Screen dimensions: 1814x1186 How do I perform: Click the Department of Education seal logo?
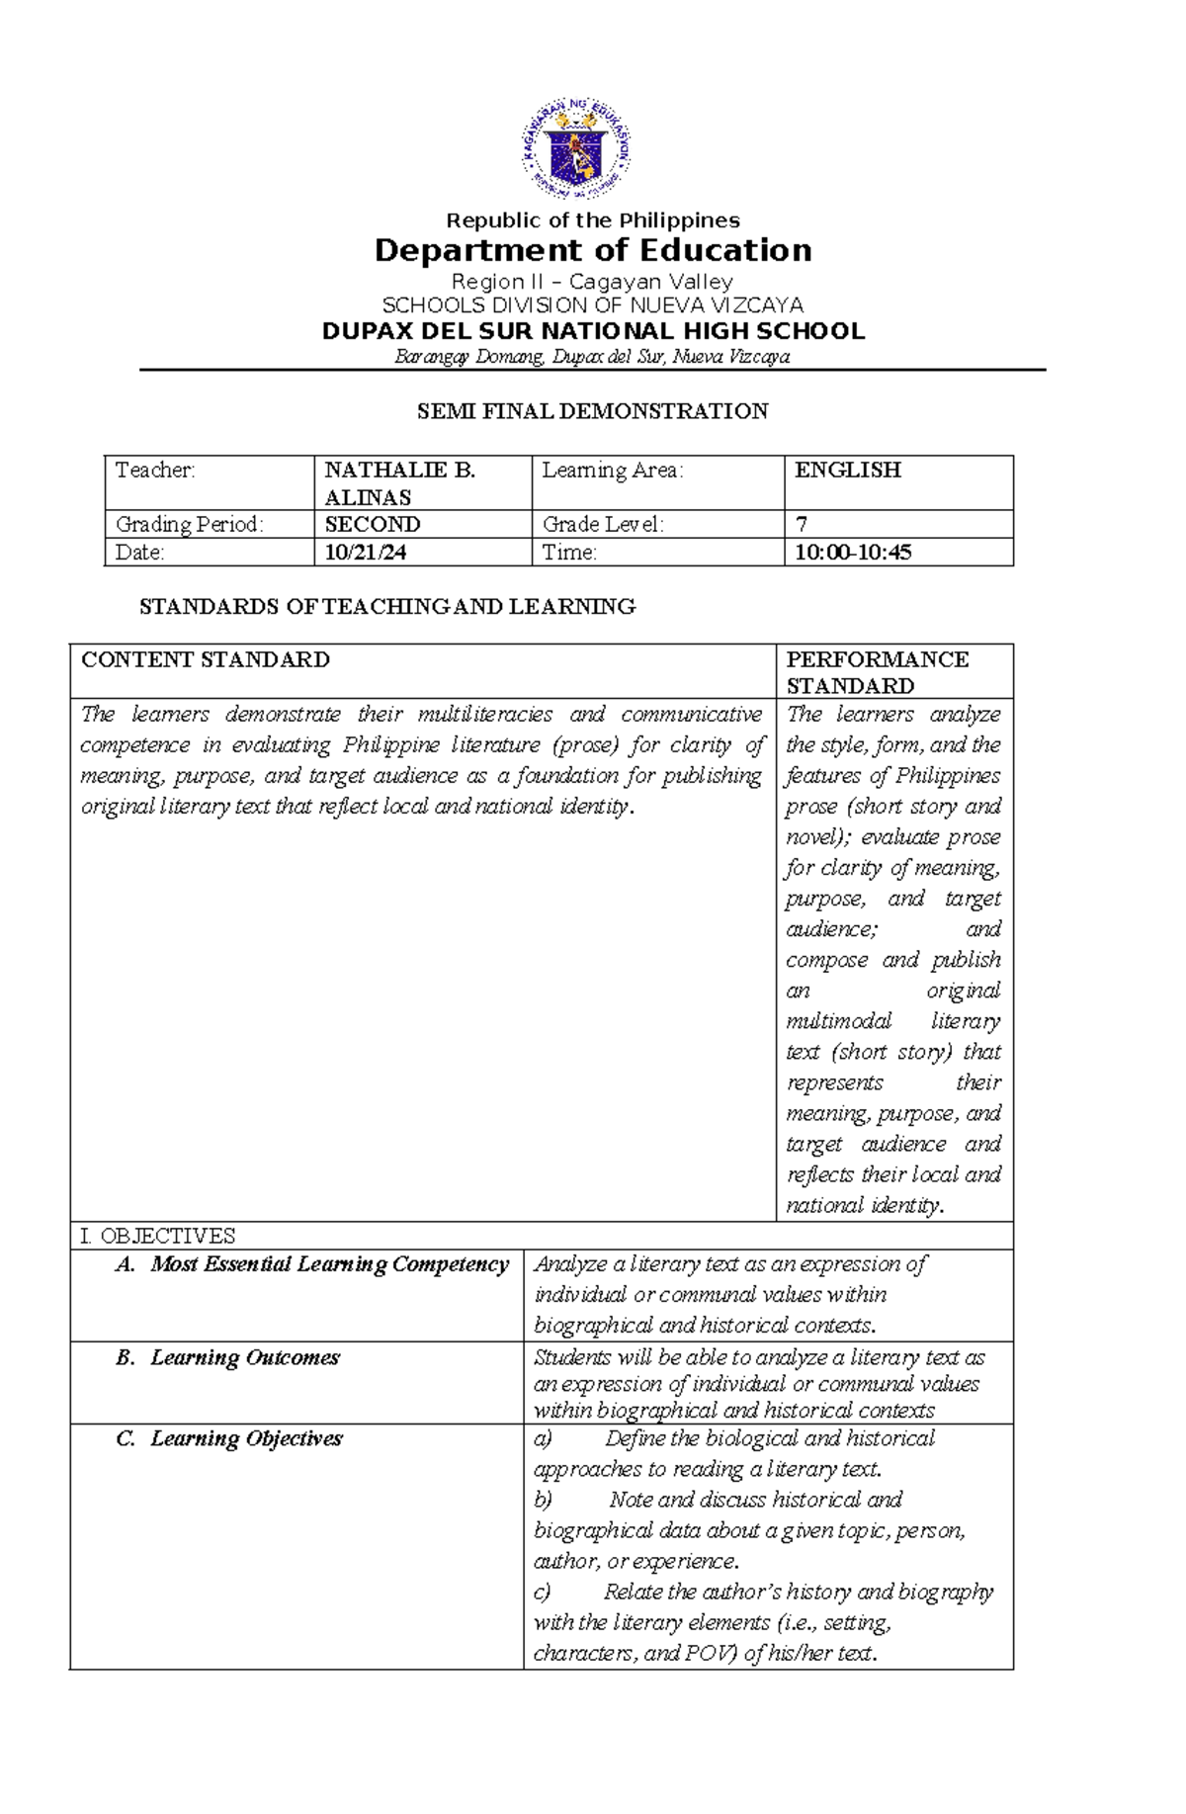576,150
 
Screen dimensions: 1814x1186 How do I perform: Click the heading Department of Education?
593,250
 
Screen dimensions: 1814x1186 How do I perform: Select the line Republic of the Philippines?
593,220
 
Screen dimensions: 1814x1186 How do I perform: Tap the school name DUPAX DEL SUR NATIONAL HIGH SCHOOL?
593,331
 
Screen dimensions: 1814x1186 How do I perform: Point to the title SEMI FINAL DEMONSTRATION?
592,411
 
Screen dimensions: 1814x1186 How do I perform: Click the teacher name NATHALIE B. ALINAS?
400,483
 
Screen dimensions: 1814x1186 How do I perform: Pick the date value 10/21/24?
366,553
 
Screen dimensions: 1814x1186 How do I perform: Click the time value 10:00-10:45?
853,553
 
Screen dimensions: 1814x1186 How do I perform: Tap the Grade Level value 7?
802,525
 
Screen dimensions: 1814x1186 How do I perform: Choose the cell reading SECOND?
373,525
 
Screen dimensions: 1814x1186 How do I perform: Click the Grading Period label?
189,525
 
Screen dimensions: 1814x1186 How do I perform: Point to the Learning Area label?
613,471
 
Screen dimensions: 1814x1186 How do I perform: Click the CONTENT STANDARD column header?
206,660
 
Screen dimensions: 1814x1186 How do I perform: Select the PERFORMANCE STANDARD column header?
877,672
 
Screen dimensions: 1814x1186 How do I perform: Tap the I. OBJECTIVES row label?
158,1236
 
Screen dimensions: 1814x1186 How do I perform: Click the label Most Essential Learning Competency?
329,1264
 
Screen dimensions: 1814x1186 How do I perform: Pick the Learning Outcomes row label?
244,1358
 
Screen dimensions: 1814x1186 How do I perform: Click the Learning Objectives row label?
246,1439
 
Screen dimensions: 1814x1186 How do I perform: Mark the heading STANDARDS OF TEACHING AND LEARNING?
387,607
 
